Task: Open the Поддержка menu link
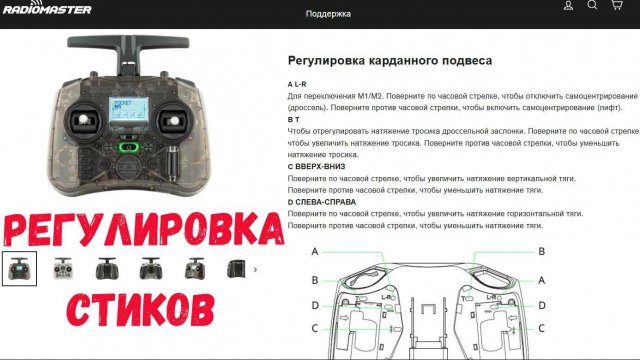point(328,15)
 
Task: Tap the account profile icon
point(568,6)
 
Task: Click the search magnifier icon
point(592,6)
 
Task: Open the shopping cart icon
point(616,6)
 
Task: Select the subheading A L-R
point(297,82)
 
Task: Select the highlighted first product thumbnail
point(20,267)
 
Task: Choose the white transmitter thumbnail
point(63,267)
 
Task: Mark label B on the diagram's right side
point(541,251)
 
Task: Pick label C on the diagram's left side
point(315,328)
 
